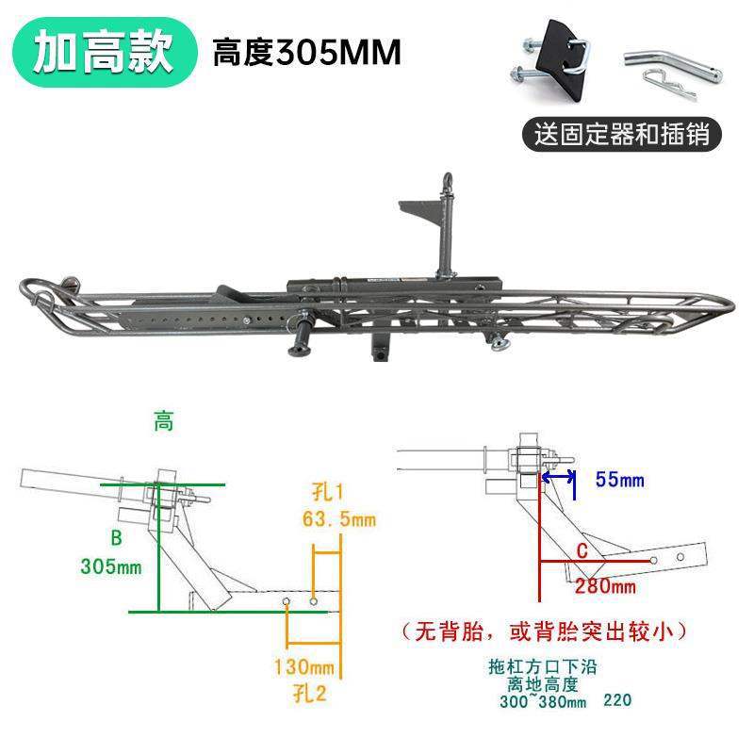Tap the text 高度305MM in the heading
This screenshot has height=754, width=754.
[x=306, y=52]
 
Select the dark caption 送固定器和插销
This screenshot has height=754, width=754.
[x=622, y=133]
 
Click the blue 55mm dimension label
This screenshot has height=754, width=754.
[x=619, y=481]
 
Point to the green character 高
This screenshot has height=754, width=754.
[x=164, y=423]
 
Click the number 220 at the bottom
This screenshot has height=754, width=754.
[x=616, y=701]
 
